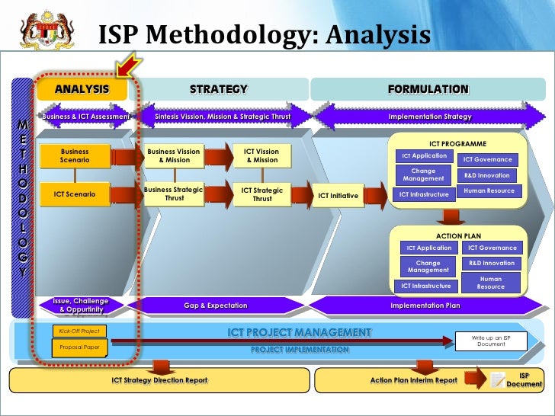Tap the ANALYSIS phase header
[x=81, y=89]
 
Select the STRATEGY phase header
[x=219, y=89]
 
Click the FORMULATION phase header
[x=428, y=89]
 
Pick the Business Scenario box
[x=75, y=156]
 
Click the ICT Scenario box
[x=75, y=194]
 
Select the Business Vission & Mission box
[x=175, y=155]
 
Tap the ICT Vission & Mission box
[x=261, y=155]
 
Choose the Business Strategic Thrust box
[x=175, y=194]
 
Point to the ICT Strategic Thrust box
[x=261, y=194]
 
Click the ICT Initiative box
[x=338, y=196]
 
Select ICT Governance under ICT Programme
[x=488, y=160]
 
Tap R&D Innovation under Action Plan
[x=492, y=264]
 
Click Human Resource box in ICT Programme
[x=489, y=191]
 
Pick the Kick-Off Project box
[x=79, y=331]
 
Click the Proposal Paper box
[x=79, y=347]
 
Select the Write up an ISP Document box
[x=491, y=341]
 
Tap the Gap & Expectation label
[x=216, y=306]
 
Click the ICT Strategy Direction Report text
[x=159, y=379]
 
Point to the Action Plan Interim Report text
[x=413, y=379]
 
